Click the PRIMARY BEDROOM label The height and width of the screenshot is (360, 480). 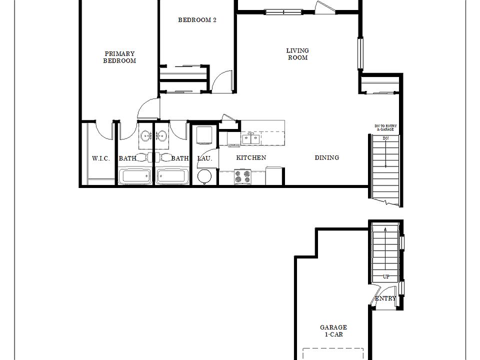(x=119, y=57)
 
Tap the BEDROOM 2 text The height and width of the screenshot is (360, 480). (x=197, y=20)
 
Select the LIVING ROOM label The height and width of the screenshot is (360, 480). (x=297, y=54)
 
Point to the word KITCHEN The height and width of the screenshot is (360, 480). (x=251, y=157)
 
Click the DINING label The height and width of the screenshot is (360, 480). (x=326, y=157)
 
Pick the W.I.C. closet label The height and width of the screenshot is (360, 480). (x=100, y=158)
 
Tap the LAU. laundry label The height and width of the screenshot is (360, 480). (x=205, y=158)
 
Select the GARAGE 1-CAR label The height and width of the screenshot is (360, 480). (x=333, y=331)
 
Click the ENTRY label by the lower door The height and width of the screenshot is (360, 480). (x=385, y=298)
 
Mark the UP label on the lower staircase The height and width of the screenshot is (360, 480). (x=386, y=276)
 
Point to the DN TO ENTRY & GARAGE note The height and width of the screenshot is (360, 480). (x=385, y=128)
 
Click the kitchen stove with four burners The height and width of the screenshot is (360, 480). (x=243, y=176)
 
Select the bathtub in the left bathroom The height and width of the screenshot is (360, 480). (x=134, y=176)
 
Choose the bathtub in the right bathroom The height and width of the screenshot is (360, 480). (x=172, y=176)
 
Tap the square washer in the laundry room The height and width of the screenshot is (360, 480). (x=204, y=135)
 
